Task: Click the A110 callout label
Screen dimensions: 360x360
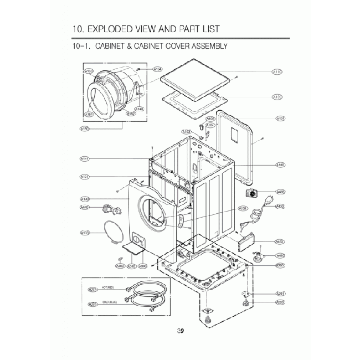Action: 277,72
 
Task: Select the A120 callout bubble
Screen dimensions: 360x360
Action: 277,97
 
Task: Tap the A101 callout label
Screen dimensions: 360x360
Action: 280,119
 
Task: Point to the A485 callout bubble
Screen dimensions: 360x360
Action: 280,192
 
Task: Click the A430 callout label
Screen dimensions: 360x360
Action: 280,207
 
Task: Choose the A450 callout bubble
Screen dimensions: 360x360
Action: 280,241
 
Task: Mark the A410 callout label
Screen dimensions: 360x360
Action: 280,255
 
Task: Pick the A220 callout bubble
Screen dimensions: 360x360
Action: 280,302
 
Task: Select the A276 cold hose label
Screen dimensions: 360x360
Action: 92,304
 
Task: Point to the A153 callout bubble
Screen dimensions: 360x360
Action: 89,71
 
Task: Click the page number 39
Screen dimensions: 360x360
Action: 181,331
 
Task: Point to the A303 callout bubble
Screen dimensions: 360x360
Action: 120,266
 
